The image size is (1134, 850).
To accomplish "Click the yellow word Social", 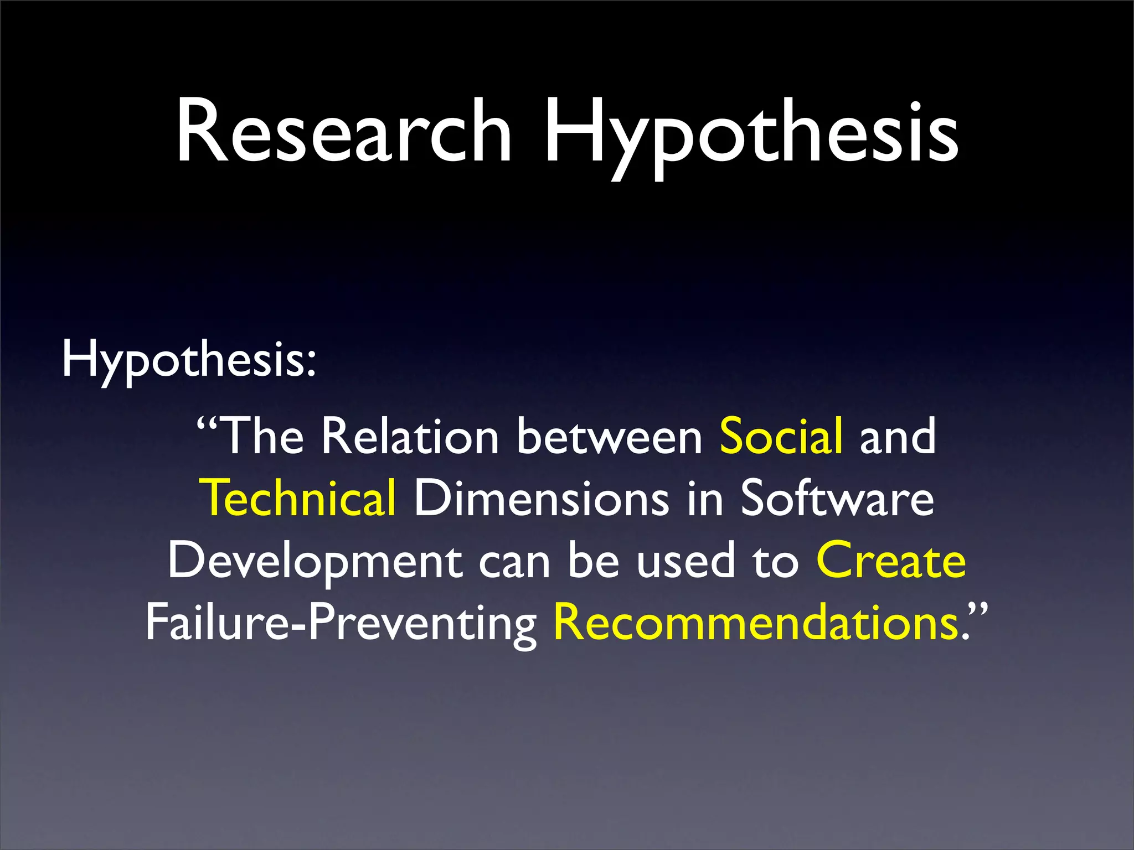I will [781, 437].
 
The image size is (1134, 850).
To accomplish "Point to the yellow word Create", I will [891, 561].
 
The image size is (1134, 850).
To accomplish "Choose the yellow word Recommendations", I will [756, 623].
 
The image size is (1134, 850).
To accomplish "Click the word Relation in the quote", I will [410, 437].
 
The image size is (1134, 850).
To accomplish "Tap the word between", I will [610, 437].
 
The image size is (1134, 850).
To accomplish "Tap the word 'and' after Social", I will [898, 437].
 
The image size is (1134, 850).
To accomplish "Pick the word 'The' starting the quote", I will [262, 437].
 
